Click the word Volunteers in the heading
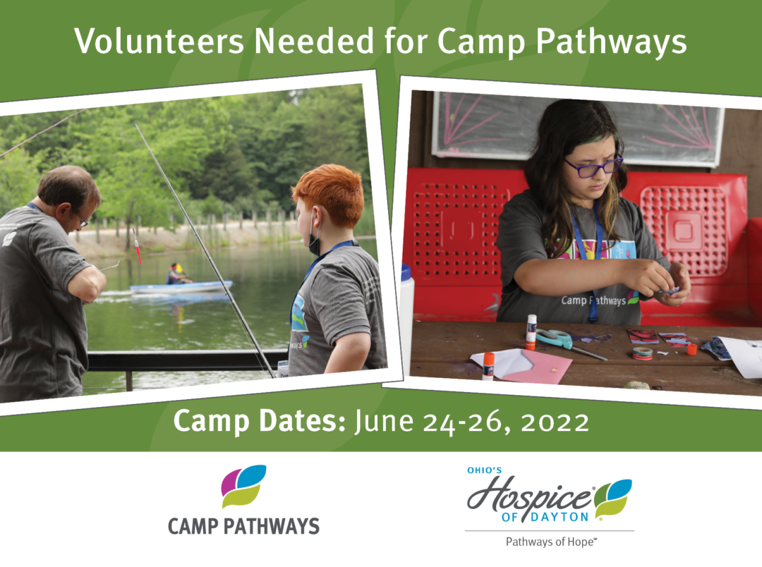coord(159,41)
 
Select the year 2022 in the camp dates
coord(555,422)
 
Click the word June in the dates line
coord(383,421)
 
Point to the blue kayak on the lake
coord(181,286)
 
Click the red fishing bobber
coord(137,246)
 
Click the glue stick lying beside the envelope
coord(488,366)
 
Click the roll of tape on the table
coord(643,353)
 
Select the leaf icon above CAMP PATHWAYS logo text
coord(243,486)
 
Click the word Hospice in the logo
coord(530,496)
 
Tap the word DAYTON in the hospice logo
coord(560,517)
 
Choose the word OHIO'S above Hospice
coord(485,470)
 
